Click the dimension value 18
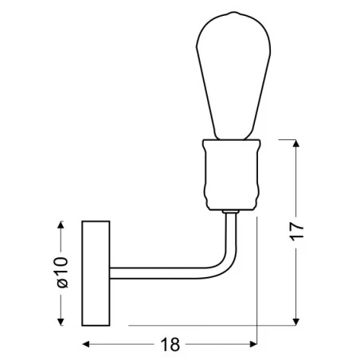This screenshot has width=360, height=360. (170, 344)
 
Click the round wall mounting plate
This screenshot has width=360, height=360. (97, 272)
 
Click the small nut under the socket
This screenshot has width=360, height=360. (231, 212)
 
